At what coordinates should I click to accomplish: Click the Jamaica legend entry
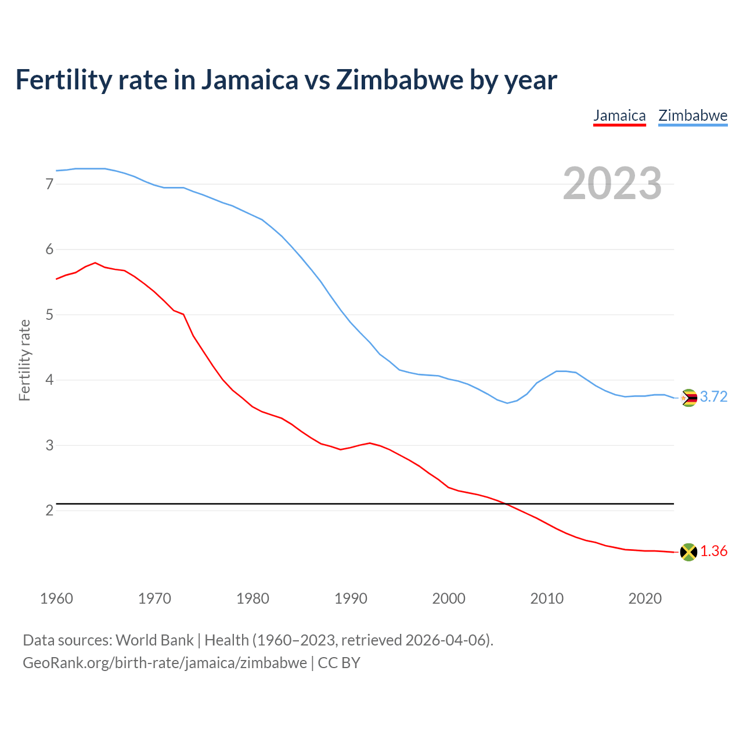pos(619,116)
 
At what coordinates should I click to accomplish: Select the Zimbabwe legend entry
pos(692,116)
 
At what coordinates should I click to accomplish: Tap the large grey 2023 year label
pos(612,183)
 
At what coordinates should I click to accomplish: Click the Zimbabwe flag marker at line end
pos(688,398)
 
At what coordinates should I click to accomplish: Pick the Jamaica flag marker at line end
pos(688,552)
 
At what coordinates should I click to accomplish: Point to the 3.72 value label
pos(713,397)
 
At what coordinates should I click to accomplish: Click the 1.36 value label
pos(713,551)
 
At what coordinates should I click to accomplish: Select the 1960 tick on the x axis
pos(56,598)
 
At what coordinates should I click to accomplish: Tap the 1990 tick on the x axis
pos(351,598)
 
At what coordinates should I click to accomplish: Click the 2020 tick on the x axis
pos(645,598)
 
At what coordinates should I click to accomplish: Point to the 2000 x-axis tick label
pos(449,598)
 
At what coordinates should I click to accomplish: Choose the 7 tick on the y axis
pos(49,185)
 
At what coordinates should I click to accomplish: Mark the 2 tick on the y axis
pos(49,511)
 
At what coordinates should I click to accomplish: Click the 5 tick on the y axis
pos(49,315)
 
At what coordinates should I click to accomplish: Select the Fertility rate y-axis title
pos(24,360)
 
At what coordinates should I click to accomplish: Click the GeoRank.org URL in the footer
pos(165,663)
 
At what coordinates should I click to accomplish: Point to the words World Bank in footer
pos(154,640)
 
